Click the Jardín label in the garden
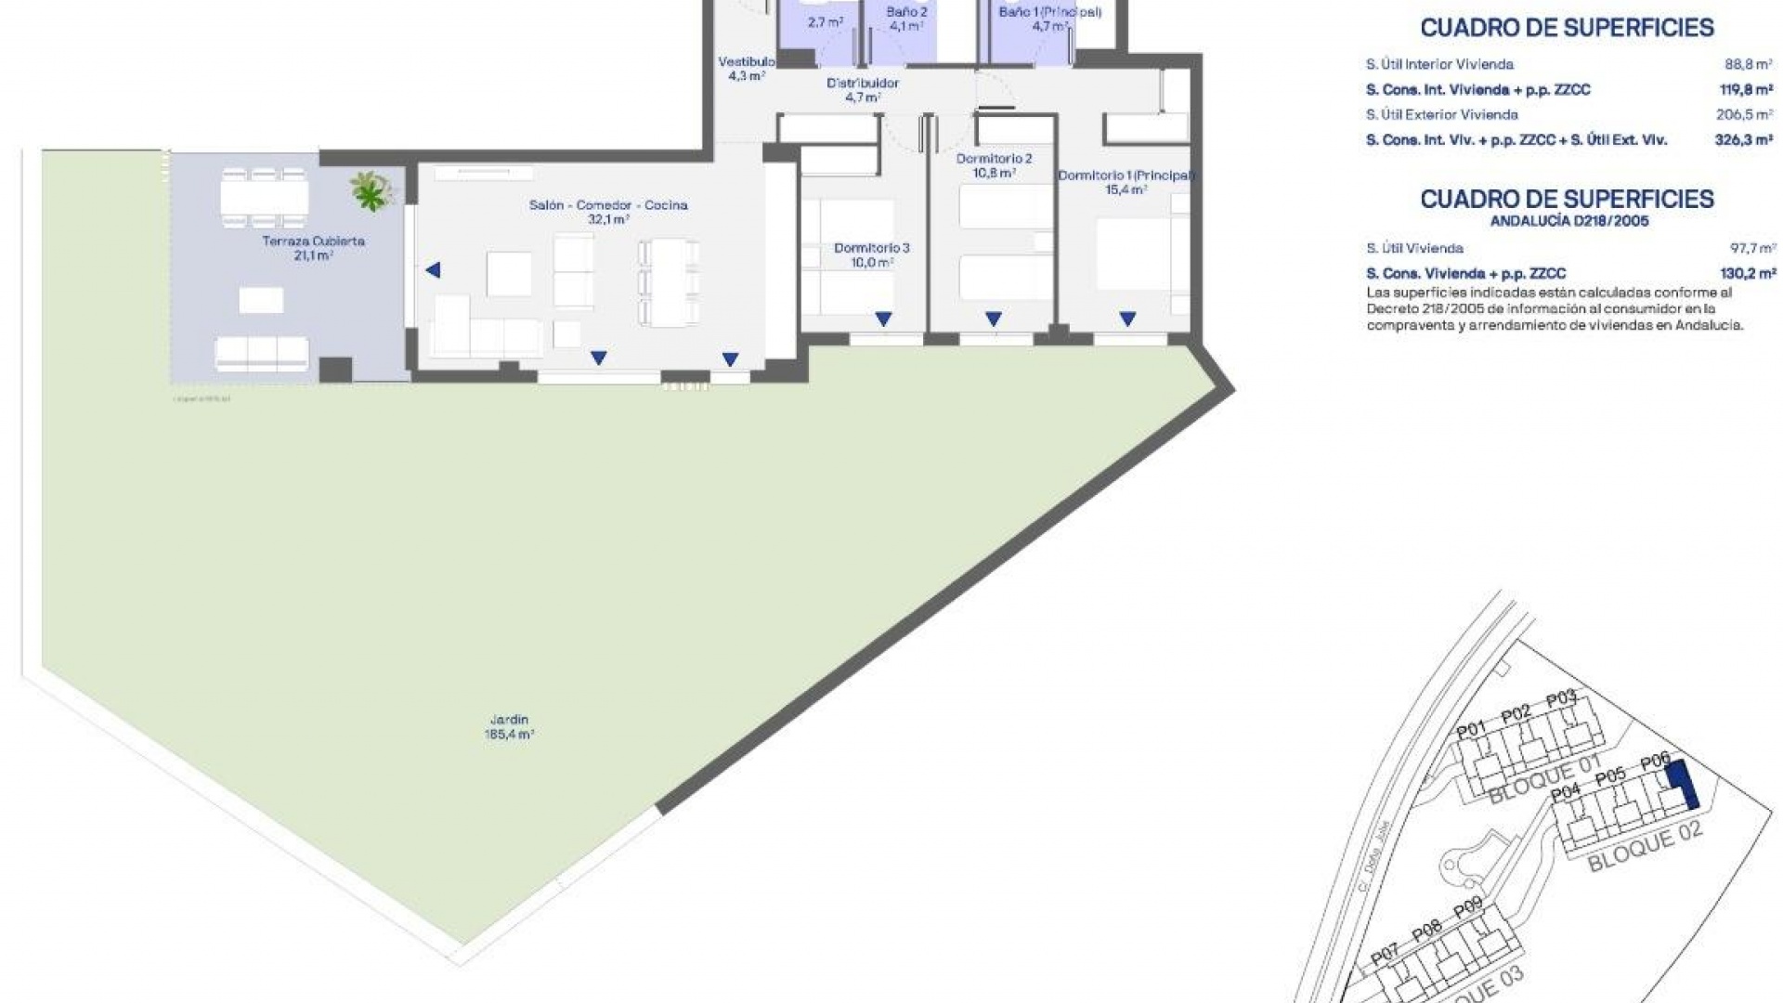(x=509, y=720)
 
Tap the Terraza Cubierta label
(x=313, y=241)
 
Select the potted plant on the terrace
(x=371, y=190)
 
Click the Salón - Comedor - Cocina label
(x=608, y=205)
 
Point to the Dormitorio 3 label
(x=871, y=248)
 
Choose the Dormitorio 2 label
(x=994, y=159)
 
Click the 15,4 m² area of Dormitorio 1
(x=1126, y=189)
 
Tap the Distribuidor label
(x=863, y=83)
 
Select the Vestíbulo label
(x=746, y=62)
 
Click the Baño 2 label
(x=906, y=12)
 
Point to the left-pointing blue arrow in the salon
(x=433, y=270)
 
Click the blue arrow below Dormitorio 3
(x=883, y=319)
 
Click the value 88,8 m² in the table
(x=1749, y=64)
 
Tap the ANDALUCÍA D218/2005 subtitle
(x=1568, y=221)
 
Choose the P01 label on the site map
(x=1470, y=730)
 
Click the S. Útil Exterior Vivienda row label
(x=1441, y=115)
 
